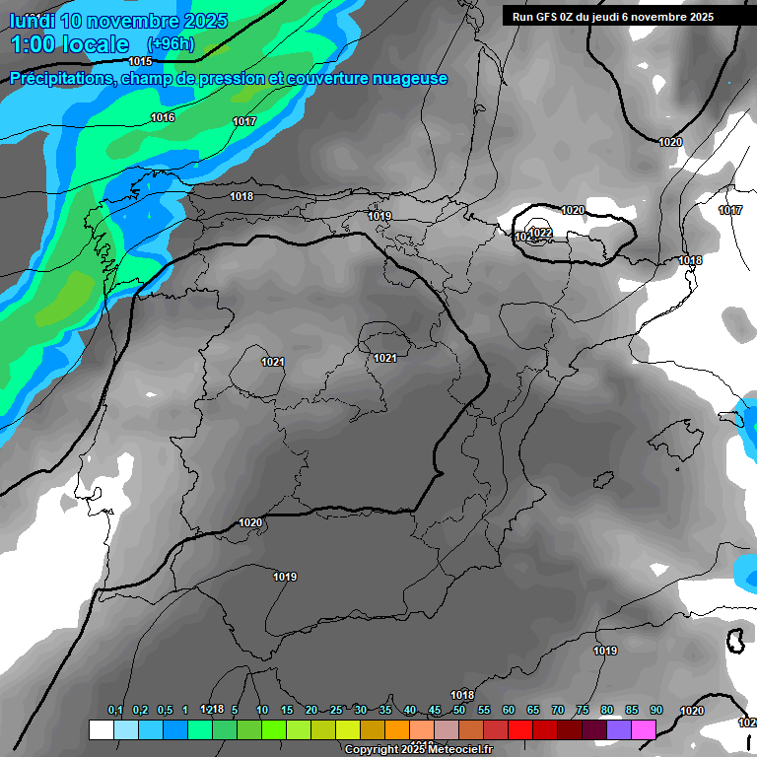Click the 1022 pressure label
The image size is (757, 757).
[539, 233]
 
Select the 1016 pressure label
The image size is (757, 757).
[163, 117]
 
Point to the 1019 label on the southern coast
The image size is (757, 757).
[605, 651]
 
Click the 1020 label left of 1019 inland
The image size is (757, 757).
[250, 522]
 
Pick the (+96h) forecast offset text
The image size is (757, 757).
[170, 44]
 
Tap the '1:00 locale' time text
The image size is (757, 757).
[70, 44]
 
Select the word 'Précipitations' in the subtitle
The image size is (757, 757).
[62, 79]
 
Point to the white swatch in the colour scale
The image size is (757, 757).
[101, 729]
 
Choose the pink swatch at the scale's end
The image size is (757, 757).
[644, 729]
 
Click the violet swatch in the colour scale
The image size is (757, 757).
[619, 729]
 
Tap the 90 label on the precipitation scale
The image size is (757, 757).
[655, 710]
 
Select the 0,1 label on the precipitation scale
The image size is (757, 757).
[115, 710]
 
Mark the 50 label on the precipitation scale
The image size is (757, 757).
[458, 710]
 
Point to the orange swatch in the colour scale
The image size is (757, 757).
[396, 729]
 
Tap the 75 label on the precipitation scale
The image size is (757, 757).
[582, 710]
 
